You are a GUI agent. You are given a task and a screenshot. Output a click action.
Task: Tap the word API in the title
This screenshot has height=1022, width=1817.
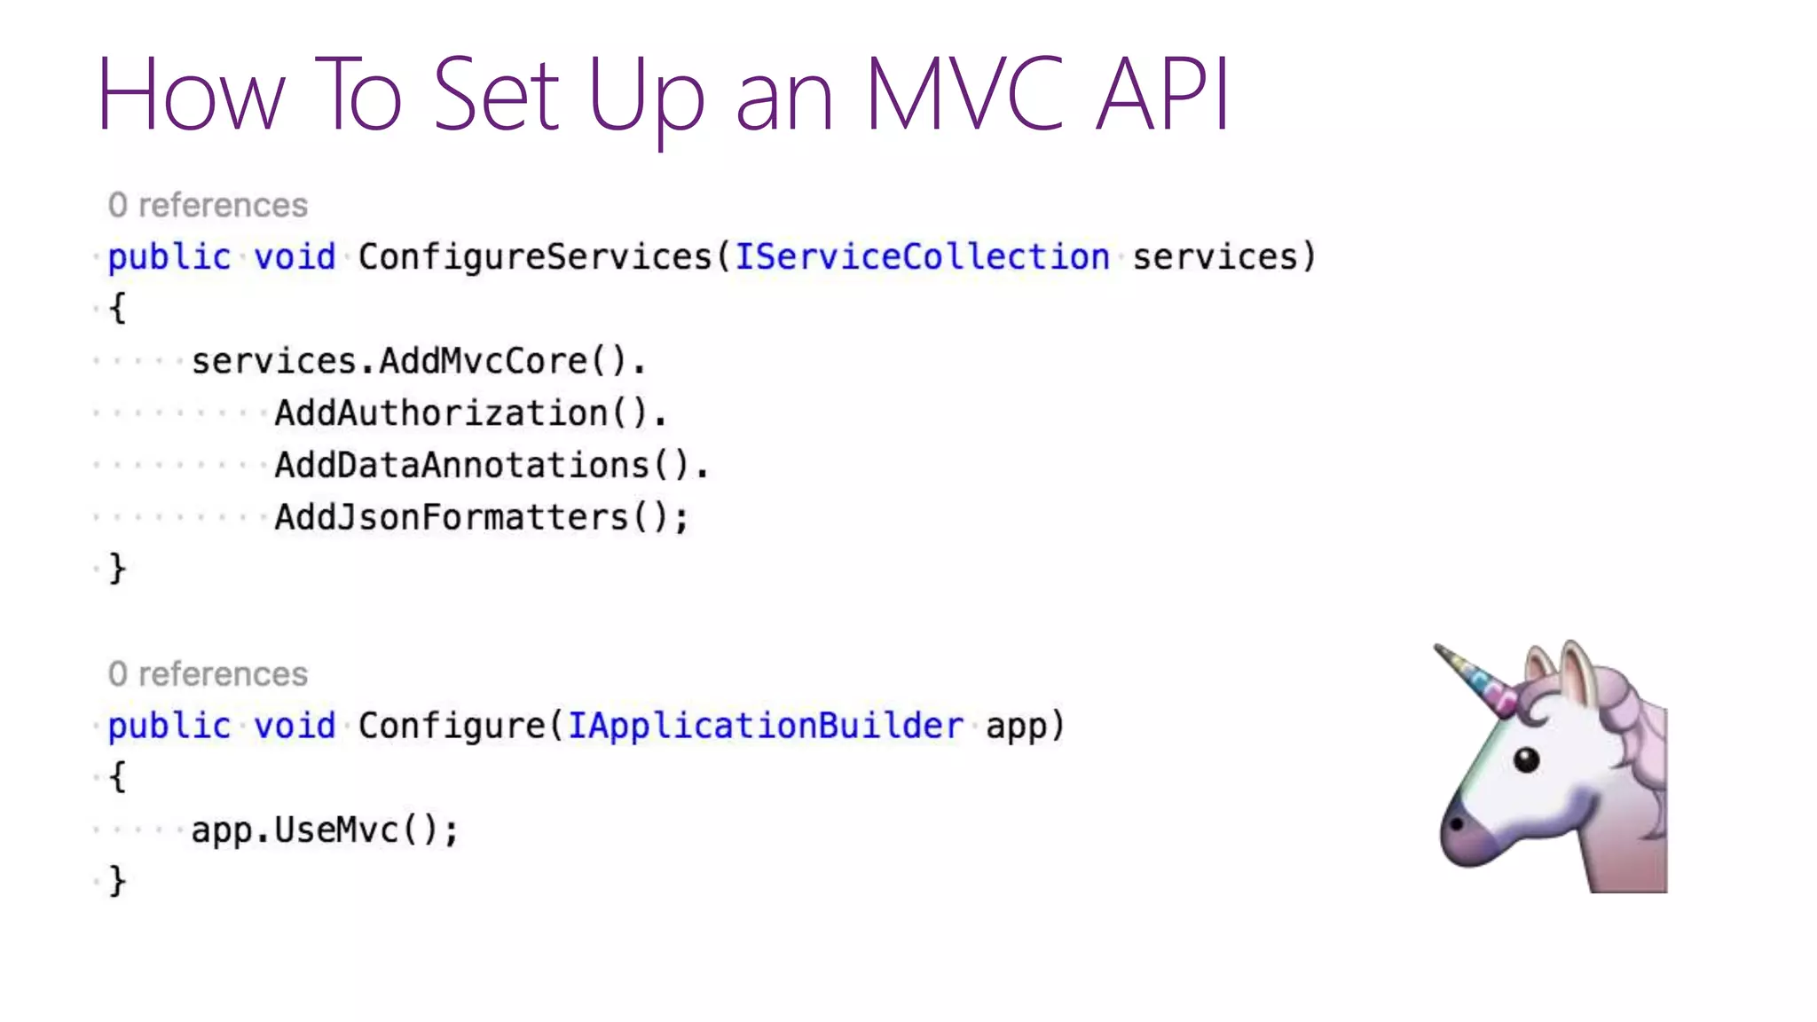(1162, 94)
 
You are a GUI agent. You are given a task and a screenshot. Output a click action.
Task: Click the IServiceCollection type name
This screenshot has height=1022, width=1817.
(922, 257)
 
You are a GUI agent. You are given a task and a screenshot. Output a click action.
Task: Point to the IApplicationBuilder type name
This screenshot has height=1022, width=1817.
(765, 726)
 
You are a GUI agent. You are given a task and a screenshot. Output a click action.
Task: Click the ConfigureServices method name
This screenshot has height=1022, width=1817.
(535, 257)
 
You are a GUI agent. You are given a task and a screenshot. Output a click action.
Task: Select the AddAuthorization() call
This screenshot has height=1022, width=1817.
(470, 413)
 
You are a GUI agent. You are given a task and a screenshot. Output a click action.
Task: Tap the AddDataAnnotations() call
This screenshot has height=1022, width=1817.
(491, 465)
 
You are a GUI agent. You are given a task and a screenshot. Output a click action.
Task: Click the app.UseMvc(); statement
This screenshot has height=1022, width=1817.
(325, 830)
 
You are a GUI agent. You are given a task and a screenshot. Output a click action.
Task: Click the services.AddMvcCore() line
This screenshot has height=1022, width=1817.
(418, 361)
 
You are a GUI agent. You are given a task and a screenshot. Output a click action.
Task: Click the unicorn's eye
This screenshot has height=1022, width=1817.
(1526, 759)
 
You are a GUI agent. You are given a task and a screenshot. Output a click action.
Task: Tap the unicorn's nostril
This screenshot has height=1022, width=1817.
(1457, 824)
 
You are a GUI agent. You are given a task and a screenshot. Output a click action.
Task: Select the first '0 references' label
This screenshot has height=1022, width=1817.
(208, 206)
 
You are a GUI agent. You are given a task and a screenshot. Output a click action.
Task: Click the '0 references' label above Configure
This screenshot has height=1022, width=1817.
(208, 674)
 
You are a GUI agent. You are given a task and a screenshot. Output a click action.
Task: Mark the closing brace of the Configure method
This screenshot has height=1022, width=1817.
(117, 881)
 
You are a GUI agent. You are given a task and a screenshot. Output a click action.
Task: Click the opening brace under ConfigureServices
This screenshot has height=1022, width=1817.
(117, 309)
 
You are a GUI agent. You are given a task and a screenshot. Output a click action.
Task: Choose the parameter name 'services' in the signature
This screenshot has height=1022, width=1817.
(1215, 257)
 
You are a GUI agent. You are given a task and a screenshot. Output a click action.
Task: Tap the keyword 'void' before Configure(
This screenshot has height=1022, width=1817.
(295, 726)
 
